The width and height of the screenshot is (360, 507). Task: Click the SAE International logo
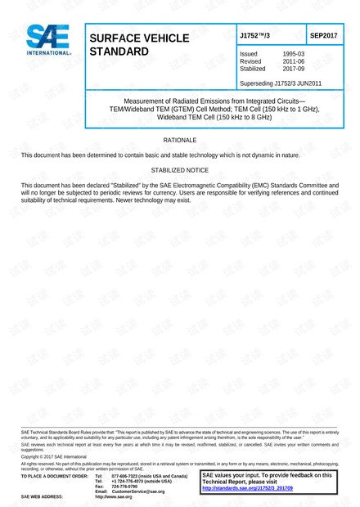pos(47,40)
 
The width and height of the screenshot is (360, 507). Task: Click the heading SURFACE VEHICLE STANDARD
pos(139,45)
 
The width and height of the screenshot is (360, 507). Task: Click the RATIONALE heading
pos(180,141)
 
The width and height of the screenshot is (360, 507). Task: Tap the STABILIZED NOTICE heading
pos(180,170)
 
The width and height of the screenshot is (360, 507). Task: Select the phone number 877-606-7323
pos(128,475)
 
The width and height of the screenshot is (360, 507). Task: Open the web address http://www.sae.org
pos(113,496)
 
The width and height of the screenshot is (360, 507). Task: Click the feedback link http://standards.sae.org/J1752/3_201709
pos(247,488)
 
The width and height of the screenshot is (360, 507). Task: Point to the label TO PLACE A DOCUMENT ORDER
pos(54,475)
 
